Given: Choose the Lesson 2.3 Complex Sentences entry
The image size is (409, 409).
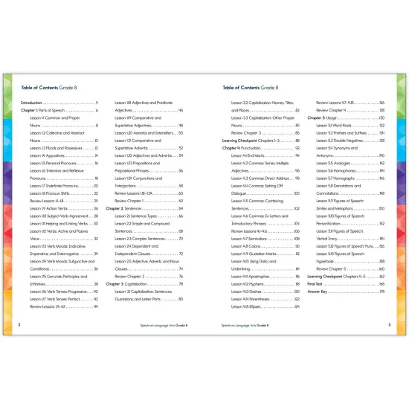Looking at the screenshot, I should (144, 237).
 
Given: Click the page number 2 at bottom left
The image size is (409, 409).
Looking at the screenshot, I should (18, 324).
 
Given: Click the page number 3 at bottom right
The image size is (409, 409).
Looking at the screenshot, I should (389, 324).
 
